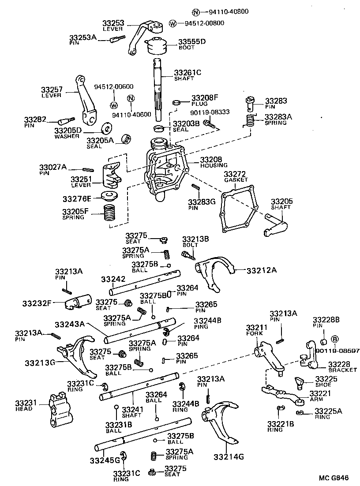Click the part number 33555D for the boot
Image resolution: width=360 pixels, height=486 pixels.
coord(191,42)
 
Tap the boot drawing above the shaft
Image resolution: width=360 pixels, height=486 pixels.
coord(157,45)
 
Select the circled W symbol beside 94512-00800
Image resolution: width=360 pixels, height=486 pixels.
coord(173,23)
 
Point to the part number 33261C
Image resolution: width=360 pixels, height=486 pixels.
coord(187,73)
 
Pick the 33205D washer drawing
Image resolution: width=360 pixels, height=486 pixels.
coord(106,128)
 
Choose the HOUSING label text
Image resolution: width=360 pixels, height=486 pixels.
coord(214,165)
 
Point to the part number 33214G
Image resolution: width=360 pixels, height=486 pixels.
coord(228,456)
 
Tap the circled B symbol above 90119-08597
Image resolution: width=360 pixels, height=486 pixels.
coord(334,339)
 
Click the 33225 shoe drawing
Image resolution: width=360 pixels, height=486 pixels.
coord(300,382)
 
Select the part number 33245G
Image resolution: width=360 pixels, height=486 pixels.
coord(105,460)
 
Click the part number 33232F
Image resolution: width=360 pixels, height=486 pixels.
coord(37,303)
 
